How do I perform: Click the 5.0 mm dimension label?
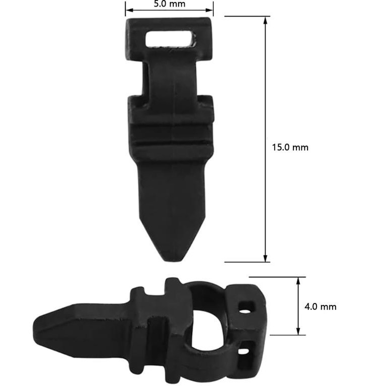pos(169,4)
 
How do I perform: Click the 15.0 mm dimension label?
pos(290,147)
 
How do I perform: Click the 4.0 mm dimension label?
pos(320,306)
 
